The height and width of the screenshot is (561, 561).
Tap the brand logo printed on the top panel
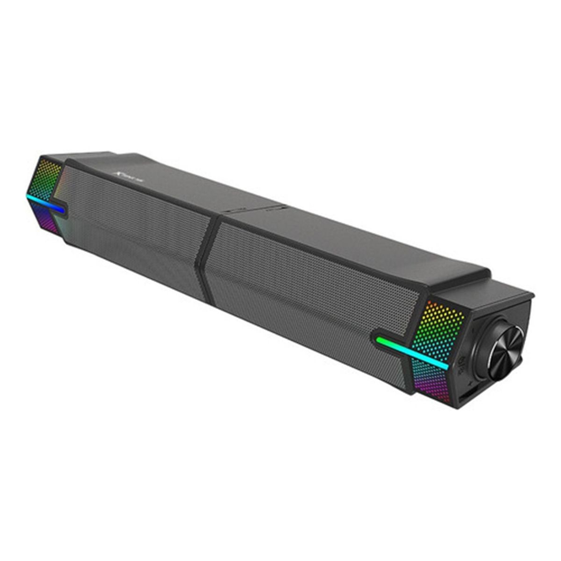(123, 174)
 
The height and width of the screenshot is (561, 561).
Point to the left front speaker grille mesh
(136, 224)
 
